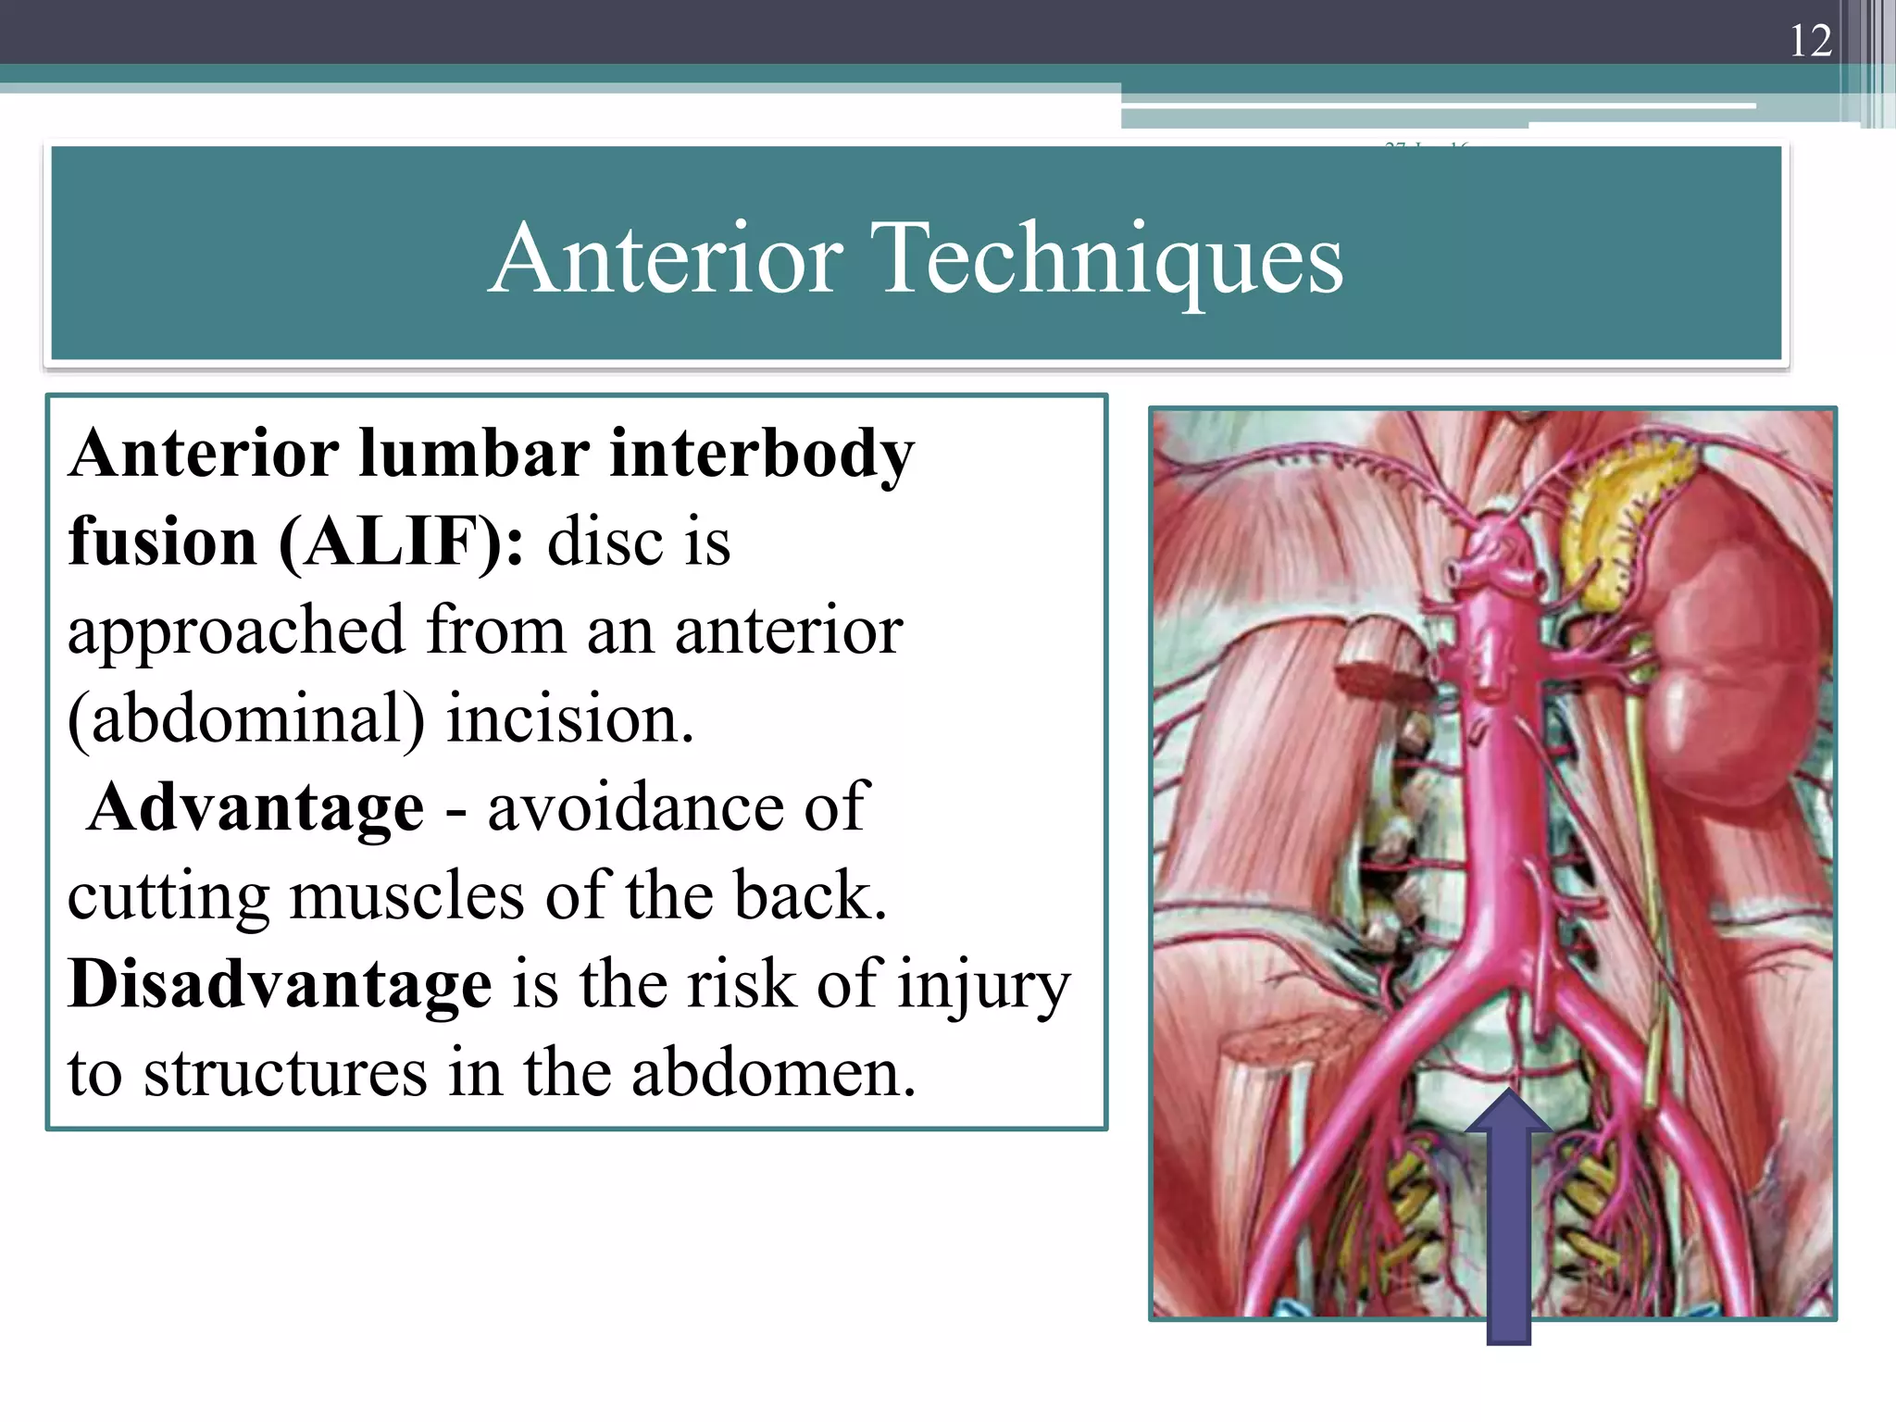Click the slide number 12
pos(1810,41)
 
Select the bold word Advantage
pos(256,807)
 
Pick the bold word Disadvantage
pos(280,984)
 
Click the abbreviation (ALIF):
pos(401,542)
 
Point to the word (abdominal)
pos(246,720)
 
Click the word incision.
pos(569,720)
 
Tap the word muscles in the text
pos(406,896)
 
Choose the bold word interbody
pos(761,454)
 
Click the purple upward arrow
pos(1508,1222)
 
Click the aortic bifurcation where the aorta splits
pos(1518,981)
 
